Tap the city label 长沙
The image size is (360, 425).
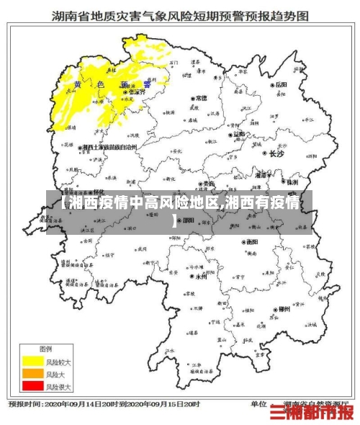click(x=276, y=153)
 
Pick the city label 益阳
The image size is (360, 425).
click(x=239, y=134)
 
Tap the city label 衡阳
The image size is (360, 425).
click(x=251, y=242)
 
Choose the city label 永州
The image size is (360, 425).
click(x=199, y=276)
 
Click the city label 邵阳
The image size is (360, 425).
click(x=189, y=221)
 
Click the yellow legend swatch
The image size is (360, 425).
click(x=32, y=359)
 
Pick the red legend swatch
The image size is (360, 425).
click(x=32, y=387)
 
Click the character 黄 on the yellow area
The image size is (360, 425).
click(x=77, y=85)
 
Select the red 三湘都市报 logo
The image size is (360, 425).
click(x=312, y=412)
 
